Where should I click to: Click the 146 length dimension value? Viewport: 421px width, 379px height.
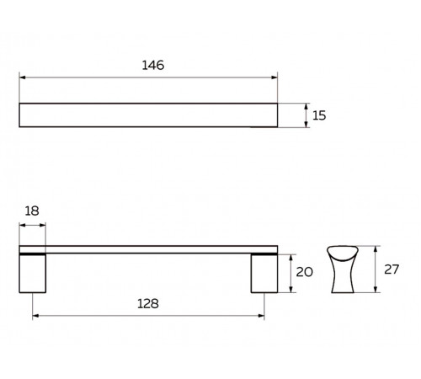[153, 65]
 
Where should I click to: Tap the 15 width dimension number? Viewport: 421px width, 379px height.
[319, 115]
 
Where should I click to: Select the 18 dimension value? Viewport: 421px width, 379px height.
[32, 211]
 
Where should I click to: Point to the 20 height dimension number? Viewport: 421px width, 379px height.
[305, 272]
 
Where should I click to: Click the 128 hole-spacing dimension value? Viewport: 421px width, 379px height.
[148, 304]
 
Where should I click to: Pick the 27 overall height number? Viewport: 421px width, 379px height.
[392, 270]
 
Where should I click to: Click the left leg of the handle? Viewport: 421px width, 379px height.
[33, 274]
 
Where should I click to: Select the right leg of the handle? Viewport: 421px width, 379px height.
[264, 274]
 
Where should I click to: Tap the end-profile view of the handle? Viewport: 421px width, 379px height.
[343, 270]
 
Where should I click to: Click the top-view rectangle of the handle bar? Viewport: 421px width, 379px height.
[148, 115]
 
